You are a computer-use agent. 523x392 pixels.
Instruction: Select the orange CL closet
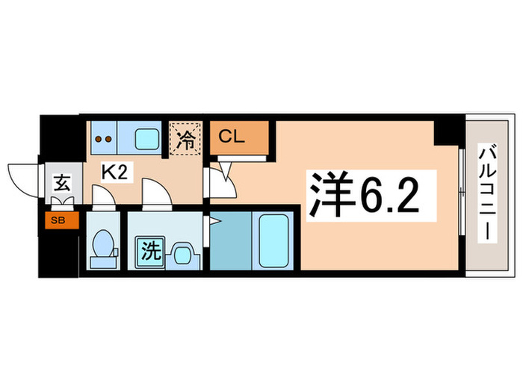point(237,137)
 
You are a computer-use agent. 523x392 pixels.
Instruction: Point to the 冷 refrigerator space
point(185,137)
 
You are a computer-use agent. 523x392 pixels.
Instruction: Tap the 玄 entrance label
point(60,182)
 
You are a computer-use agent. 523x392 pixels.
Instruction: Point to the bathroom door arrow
point(215,221)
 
